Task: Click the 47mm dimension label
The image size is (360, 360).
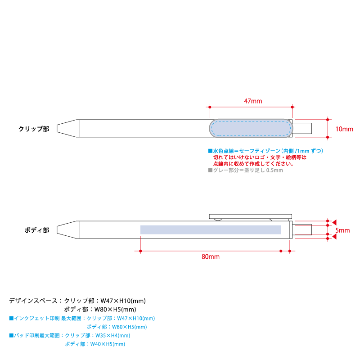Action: point(253,101)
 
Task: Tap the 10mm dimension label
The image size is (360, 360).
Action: point(344,129)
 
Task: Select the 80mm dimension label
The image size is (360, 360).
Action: point(211,256)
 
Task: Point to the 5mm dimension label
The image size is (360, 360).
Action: point(342,230)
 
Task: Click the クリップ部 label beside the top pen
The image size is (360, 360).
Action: point(34,129)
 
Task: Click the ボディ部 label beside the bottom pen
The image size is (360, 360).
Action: point(37,230)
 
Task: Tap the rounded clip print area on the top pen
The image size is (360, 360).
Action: point(251,128)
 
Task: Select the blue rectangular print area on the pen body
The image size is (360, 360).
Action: point(211,229)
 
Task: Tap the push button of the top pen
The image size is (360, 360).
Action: point(302,128)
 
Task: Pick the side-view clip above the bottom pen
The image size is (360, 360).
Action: point(251,216)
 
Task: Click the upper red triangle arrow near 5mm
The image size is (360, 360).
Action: point(334,222)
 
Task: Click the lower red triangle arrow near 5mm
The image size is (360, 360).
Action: point(334,237)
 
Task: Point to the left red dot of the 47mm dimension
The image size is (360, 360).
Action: point(210,107)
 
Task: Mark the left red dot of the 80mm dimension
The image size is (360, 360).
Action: point(140,251)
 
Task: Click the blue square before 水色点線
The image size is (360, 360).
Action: point(210,151)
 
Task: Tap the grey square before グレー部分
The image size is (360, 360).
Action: point(210,170)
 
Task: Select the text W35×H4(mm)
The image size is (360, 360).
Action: point(113,335)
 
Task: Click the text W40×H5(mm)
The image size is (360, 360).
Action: point(108,344)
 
